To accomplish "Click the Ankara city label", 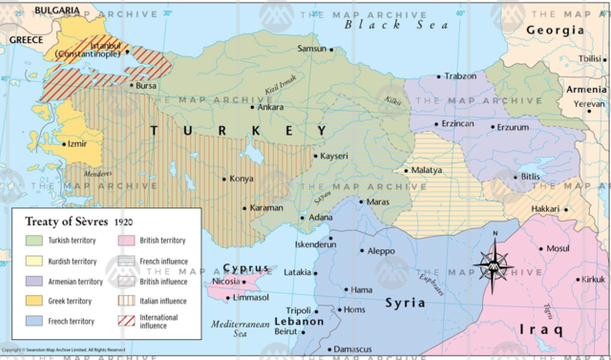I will pyautogui.click(x=270, y=107).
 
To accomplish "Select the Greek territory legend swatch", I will pyautogui.click(x=33, y=301).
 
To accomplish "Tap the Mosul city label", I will pyautogui.click(x=558, y=249).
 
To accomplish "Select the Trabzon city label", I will pyautogui.click(x=460, y=76).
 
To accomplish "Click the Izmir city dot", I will pyautogui.click(x=59, y=144).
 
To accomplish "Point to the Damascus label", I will pyautogui.click(x=353, y=349).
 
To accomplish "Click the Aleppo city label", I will pyautogui.click(x=381, y=251).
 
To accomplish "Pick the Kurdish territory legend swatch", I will pyautogui.click(x=33, y=261).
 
